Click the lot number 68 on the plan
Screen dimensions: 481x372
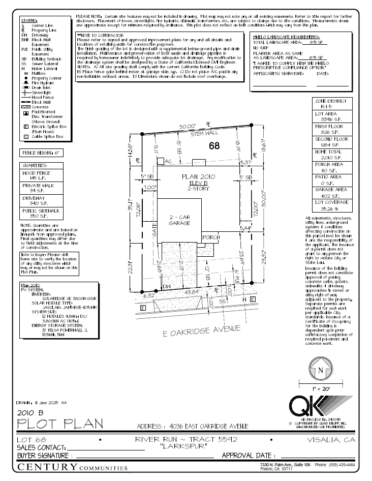pyautogui.click(x=215, y=146)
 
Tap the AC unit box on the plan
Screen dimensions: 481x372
pyautogui.click(x=161, y=161)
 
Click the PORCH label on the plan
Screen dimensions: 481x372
pyautogui.click(x=211, y=237)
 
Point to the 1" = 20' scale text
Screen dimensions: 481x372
pyautogui.click(x=320, y=388)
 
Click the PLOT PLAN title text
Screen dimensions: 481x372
pyautogui.click(x=60, y=423)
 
